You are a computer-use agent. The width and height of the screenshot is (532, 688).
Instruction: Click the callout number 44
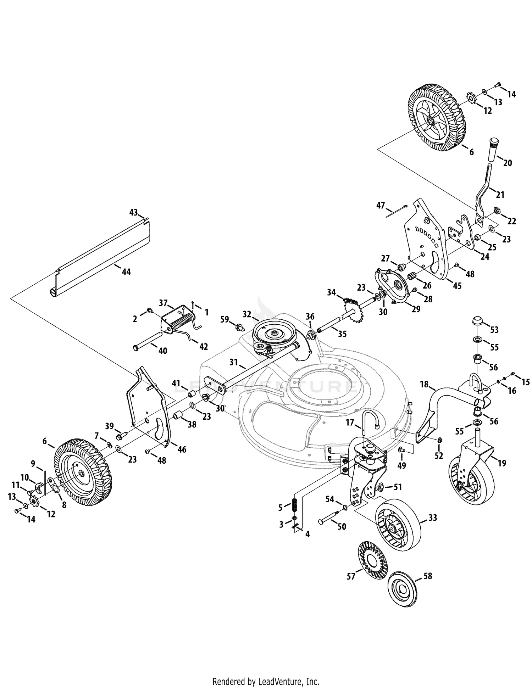click(x=126, y=272)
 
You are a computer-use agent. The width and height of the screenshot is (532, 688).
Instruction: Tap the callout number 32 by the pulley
click(x=247, y=314)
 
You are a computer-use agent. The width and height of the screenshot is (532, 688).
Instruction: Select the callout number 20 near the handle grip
click(x=508, y=163)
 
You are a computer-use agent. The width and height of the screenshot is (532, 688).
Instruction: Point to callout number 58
click(x=428, y=576)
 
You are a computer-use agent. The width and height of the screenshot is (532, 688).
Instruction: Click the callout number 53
click(x=494, y=330)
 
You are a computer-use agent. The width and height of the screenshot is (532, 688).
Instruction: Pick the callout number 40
click(x=163, y=351)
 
